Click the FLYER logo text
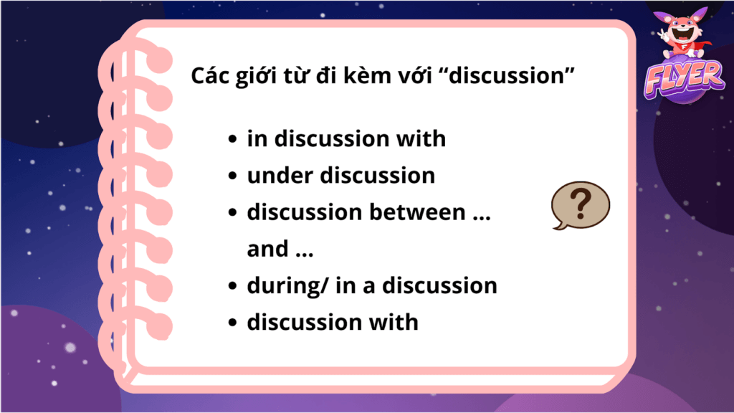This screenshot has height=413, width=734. tap(683, 79)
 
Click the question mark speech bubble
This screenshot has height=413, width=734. tap(581, 205)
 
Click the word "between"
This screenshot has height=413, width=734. tap(418, 212)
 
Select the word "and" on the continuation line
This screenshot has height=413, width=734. tap(267, 249)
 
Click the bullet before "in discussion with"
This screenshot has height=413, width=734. tap(233, 139)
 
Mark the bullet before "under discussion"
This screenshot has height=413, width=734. tap(233, 176)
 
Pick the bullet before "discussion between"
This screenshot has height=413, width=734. tap(233, 212)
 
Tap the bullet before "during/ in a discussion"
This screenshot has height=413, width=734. tap(233, 286)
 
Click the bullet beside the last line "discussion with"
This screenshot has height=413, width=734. tap(233, 323)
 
